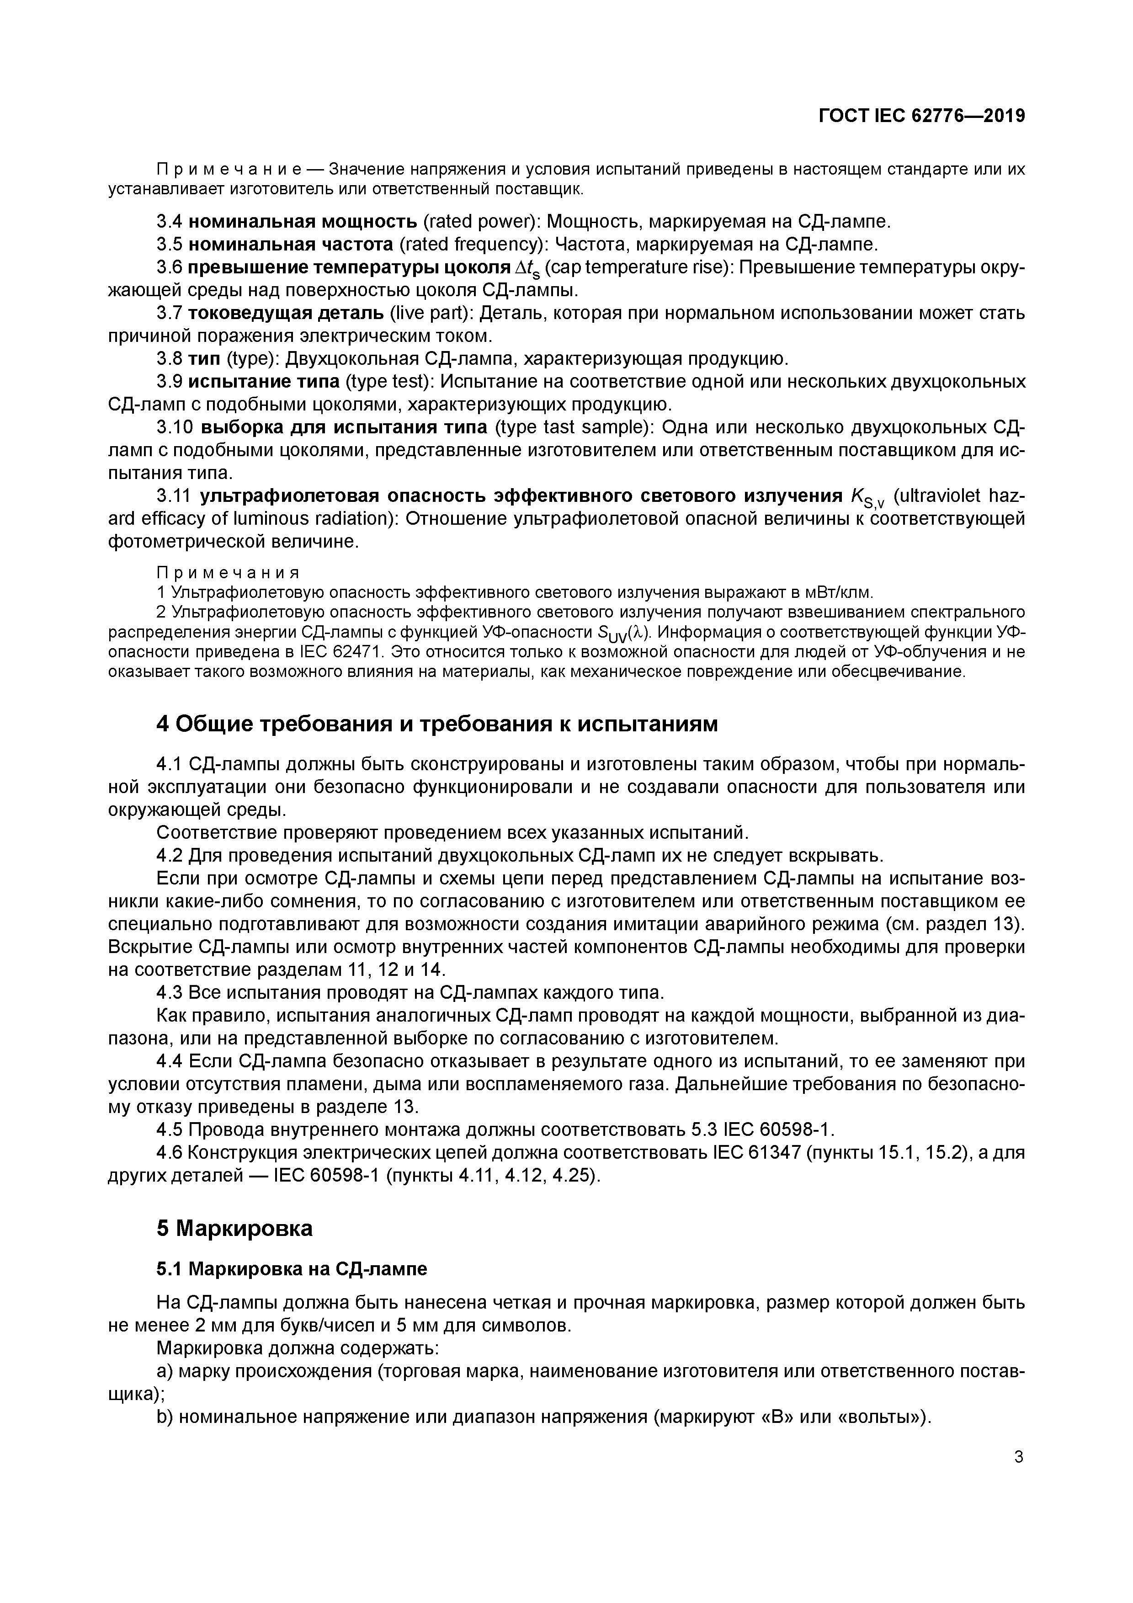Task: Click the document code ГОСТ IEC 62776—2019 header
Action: tap(921, 116)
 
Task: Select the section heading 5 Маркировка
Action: tap(234, 1228)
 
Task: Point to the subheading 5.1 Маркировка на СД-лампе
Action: tap(292, 1268)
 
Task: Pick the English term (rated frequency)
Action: tap(472, 245)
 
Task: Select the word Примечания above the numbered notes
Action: tap(228, 573)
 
